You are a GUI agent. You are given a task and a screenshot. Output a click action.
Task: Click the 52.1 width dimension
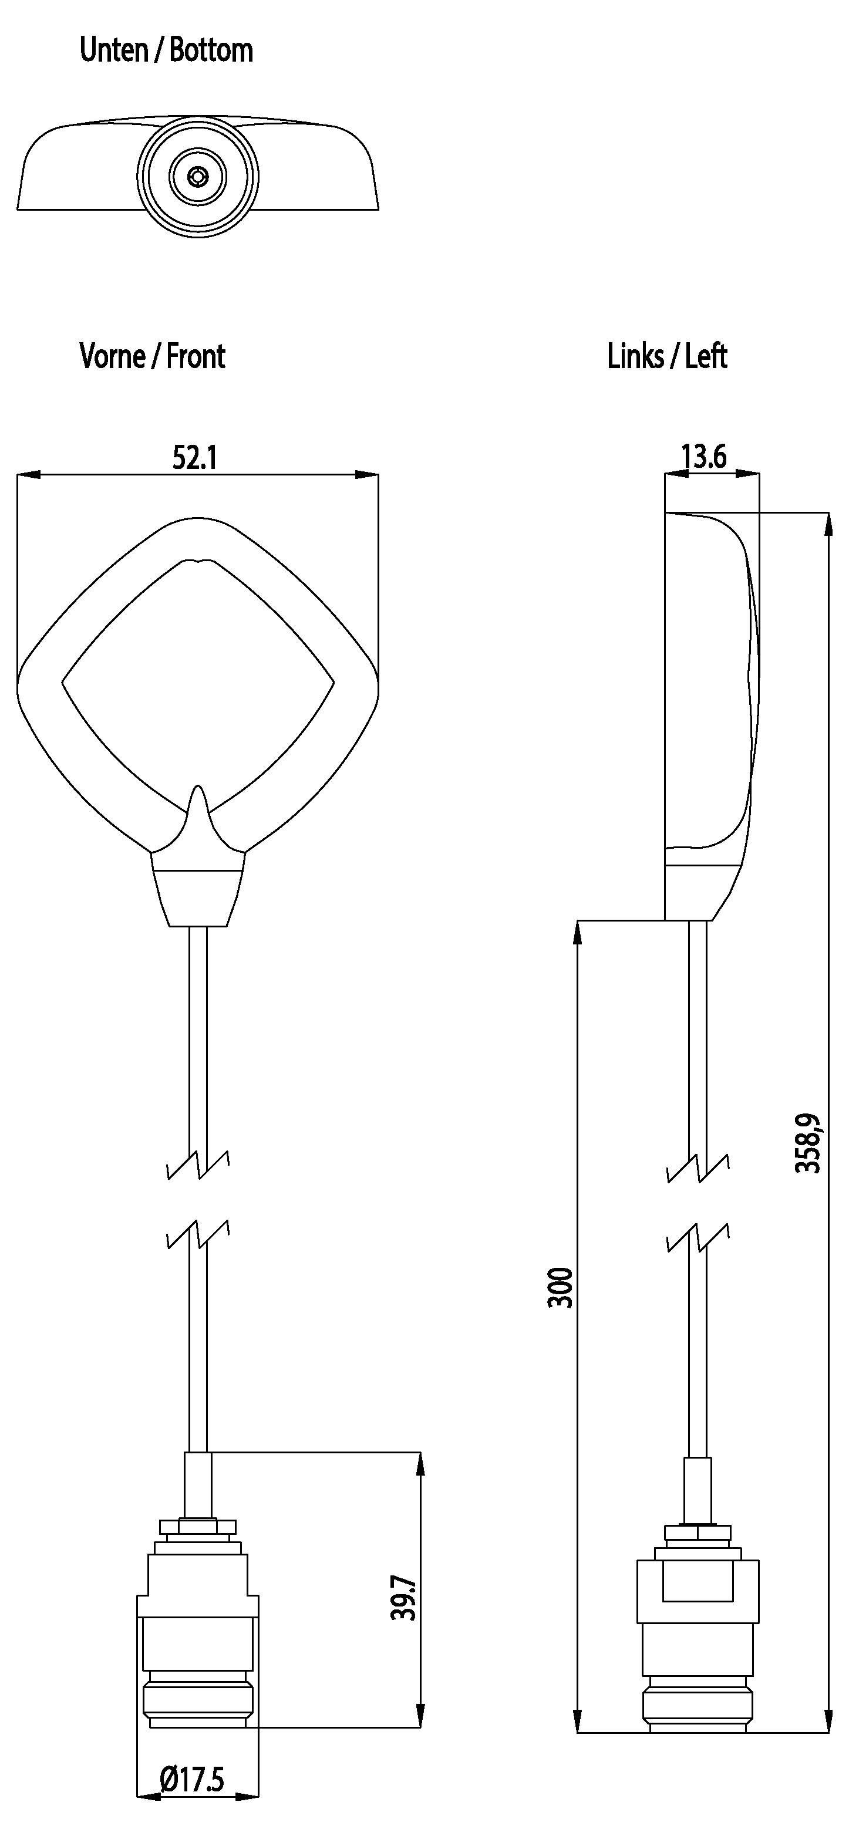[194, 458]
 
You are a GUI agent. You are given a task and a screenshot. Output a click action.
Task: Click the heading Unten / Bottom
[166, 50]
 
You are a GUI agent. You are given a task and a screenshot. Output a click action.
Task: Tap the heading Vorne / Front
[152, 356]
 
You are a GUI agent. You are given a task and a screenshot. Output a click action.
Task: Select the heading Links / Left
[666, 356]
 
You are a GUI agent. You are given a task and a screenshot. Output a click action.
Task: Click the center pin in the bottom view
[197, 176]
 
